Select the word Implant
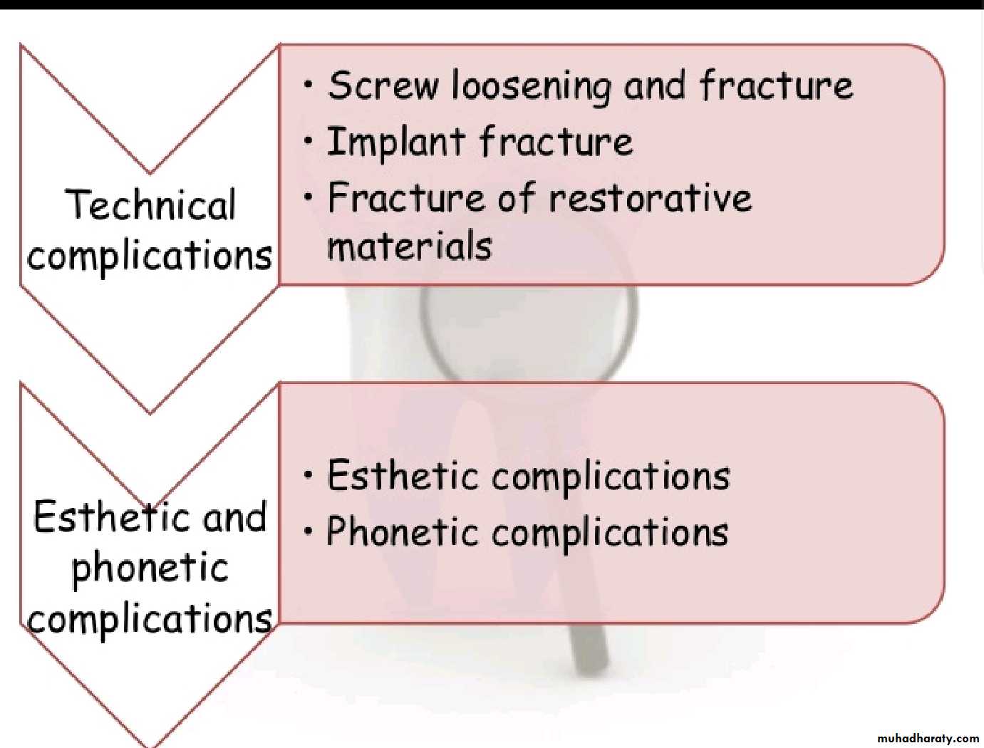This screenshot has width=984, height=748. point(395,142)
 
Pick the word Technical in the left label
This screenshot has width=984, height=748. point(151,204)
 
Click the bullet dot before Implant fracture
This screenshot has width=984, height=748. point(308,141)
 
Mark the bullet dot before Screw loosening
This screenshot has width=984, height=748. point(308,84)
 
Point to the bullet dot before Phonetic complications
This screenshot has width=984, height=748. point(308,531)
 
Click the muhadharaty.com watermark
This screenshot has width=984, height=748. point(928,738)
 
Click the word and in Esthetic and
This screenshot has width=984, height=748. point(234,516)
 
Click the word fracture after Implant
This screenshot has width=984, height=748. point(556,142)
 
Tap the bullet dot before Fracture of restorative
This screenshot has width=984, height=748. point(308,197)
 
